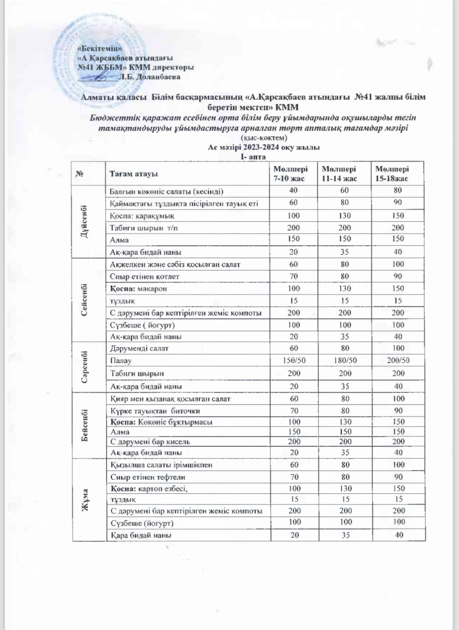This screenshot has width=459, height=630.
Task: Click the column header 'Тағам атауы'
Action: coord(134,174)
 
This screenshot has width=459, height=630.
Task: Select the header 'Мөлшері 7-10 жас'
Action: coord(291,174)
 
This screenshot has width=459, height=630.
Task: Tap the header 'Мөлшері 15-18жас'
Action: coord(392,174)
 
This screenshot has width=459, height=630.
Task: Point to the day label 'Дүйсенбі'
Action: coord(84,221)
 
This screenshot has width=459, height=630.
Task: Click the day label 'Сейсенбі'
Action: coord(84,300)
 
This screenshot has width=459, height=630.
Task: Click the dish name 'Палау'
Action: coord(121,361)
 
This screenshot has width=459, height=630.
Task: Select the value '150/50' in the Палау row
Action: coord(294,360)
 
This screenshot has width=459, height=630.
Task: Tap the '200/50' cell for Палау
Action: coord(398,360)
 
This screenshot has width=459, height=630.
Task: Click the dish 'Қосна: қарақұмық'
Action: coord(142,216)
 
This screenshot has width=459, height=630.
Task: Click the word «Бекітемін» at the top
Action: coord(99,48)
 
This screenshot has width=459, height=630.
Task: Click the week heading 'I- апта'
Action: coord(253,157)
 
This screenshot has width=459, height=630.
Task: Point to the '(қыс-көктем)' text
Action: coord(264,138)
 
